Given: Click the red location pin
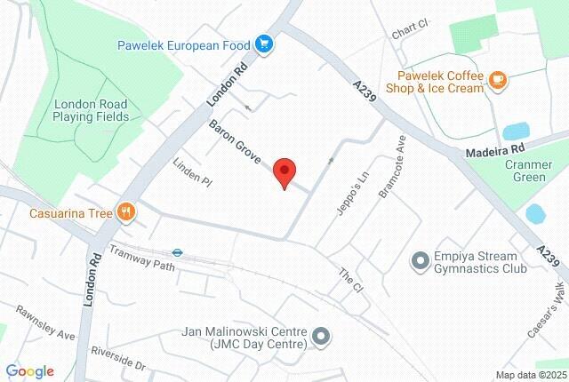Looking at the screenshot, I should click(284, 171).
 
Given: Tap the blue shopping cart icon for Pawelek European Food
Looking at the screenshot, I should click(264, 44).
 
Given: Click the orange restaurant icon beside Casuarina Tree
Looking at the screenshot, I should click(128, 212).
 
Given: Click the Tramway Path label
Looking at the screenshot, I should click(142, 259).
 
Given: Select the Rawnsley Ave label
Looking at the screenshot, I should click(45, 322).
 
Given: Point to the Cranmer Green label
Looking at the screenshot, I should click(531, 170).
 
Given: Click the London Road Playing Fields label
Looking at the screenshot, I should click(91, 110).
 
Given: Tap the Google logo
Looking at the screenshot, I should click(30, 371).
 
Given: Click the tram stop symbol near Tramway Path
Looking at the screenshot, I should click(178, 251).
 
